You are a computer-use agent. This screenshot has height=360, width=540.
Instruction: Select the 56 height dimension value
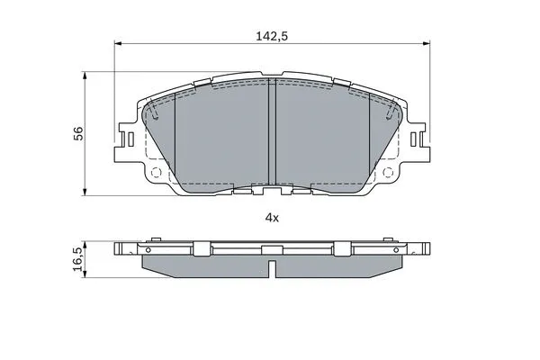tap(78, 132)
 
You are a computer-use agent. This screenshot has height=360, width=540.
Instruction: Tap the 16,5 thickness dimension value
tap(78, 259)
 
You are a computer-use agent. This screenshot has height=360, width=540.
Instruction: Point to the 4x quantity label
tap(272, 218)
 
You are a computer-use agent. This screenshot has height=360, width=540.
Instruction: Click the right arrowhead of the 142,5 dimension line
tap(424, 43)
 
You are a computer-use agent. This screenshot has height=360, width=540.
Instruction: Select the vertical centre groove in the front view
tap(271, 135)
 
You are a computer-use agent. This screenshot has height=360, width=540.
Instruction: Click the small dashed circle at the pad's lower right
tap(388, 173)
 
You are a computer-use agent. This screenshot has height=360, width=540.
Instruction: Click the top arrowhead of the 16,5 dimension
tap(85, 243)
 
